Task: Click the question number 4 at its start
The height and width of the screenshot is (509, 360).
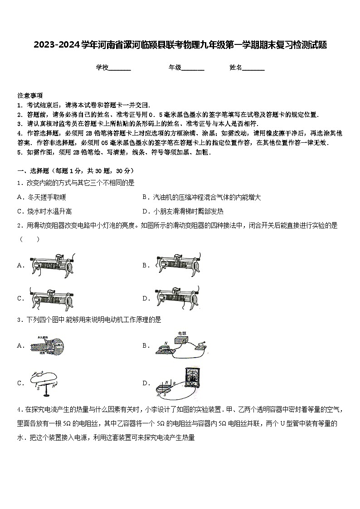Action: (x=19, y=410)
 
